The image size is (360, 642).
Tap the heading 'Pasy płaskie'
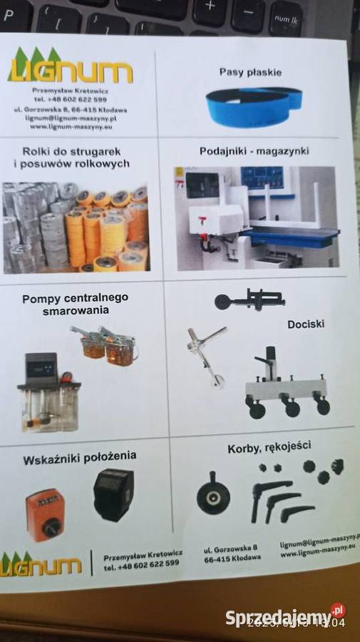250,73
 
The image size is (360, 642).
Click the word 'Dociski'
306,324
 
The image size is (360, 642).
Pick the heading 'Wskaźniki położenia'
80,456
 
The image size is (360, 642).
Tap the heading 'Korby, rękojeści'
269,447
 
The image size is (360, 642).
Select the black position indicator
113,493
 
